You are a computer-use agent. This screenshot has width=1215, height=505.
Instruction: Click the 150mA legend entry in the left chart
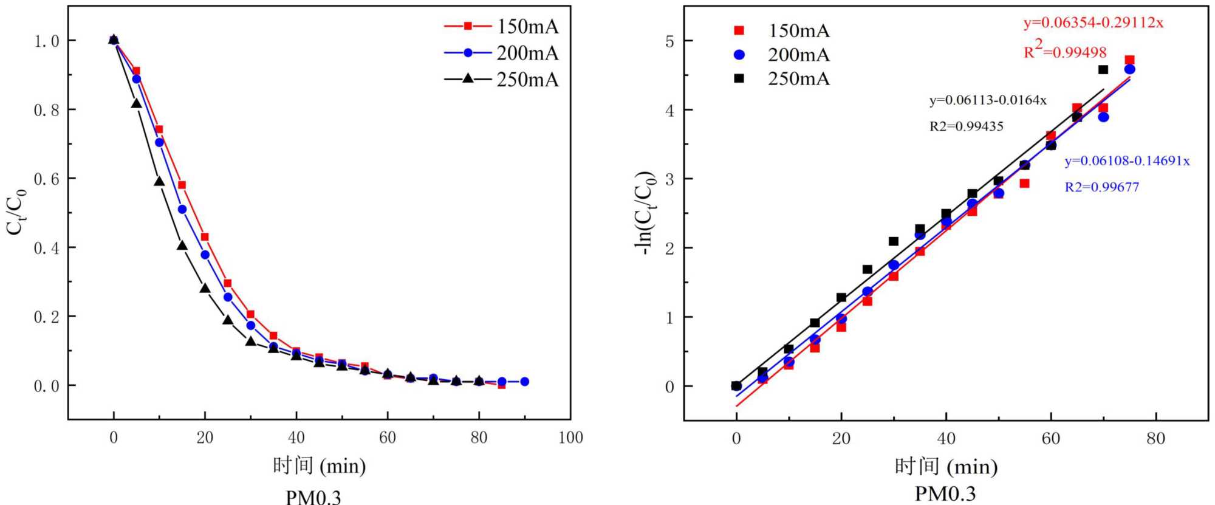pyautogui.click(x=501, y=26)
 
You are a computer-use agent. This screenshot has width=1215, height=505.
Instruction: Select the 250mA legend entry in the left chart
pyautogui.click(x=501, y=79)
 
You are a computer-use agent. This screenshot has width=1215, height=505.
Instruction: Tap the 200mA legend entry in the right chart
pyautogui.click(x=781, y=55)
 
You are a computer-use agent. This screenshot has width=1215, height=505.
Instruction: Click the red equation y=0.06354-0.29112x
pyautogui.click(x=1093, y=22)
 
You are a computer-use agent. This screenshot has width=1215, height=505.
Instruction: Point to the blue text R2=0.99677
pyautogui.click(x=1101, y=187)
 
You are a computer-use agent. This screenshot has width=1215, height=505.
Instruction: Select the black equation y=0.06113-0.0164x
pyautogui.click(x=988, y=100)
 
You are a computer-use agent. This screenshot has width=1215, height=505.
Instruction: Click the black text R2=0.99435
pyautogui.click(x=966, y=126)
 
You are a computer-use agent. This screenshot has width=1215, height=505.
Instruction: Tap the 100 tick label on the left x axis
pyautogui.click(x=570, y=438)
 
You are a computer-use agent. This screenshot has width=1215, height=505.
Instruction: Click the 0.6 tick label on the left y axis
pyautogui.click(x=47, y=179)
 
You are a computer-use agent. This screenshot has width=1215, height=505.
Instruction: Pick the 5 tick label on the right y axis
pyautogui.click(x=669, y=41)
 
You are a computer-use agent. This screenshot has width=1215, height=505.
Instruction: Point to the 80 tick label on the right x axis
pyautogui.click(x=1155, y=438)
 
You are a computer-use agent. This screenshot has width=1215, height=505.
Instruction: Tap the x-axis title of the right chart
pyautogui.click(x=946, y=467)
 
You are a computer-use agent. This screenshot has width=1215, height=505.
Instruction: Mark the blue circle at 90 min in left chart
pyautogui.click(x=524, y=382)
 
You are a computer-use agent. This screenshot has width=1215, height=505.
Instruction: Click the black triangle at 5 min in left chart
pyautogui.click(x=136, y=104)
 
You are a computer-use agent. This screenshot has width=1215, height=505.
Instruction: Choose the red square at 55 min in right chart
pyautogui.click(x=1024, y=184)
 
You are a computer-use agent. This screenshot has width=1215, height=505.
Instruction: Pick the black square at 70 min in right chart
pyautogui.click(x=1103, y=70)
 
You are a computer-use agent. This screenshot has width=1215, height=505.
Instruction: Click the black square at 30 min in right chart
pyautogui.click(x=893, y=241)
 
